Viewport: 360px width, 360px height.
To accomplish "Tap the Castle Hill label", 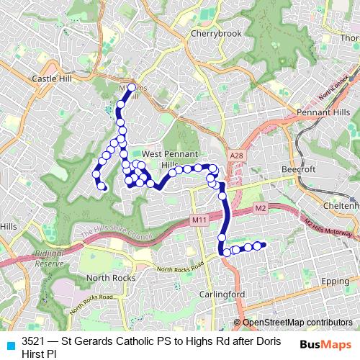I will coord(50,76).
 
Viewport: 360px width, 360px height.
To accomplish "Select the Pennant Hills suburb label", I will coord(323,113).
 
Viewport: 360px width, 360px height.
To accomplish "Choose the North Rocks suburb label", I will coord(107,278).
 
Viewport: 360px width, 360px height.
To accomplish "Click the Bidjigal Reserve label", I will coord(50,259).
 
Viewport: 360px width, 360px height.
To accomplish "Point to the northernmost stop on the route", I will coord(132,88).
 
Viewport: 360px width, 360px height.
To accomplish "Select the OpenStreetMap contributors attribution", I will coord(297,323).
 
